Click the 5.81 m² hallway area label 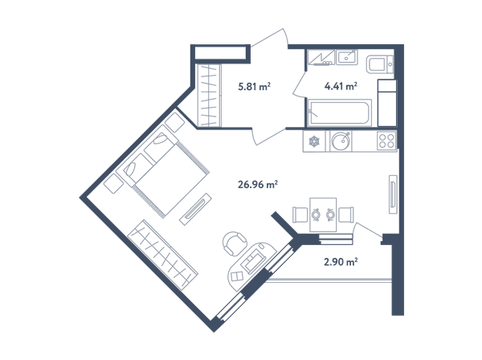254,87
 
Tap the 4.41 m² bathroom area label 341,86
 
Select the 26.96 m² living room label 258,185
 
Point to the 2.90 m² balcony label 341,262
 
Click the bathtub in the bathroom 339,112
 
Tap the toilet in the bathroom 380,64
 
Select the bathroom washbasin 347,58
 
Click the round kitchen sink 341,141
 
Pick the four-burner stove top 386,141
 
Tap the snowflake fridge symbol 314,141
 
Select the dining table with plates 323,215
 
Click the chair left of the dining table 300,215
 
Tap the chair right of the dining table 346,215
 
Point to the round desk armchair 235,243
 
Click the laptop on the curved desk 254,260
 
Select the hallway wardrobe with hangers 209,96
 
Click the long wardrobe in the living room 162,255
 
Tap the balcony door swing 368,230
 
